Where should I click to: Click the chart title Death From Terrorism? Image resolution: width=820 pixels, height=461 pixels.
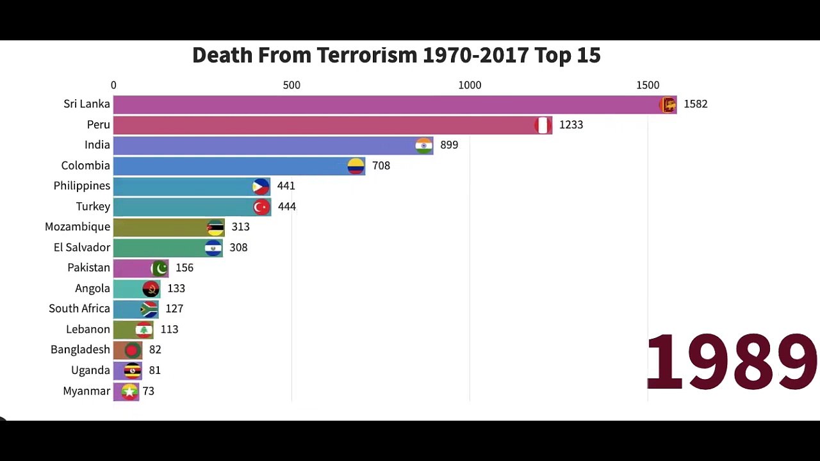click(396, 56)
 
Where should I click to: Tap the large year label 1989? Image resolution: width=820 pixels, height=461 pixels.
click(732, 362)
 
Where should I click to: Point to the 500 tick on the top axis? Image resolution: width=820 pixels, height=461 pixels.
click(291, 85)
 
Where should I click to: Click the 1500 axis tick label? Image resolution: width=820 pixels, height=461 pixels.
click(648, 85)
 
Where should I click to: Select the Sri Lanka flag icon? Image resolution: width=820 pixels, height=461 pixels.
click(668, 104)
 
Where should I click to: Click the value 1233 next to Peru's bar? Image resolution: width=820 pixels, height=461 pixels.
click(571, 125)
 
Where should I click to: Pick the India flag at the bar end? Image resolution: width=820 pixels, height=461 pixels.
click(424, 145)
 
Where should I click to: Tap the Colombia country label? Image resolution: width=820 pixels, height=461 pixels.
click(86, 166)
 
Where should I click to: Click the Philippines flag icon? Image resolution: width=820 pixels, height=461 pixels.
click(261, 186)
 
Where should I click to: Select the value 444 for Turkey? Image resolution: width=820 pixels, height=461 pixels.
click(287, 207)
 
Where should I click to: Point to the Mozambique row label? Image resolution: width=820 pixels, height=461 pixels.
click(78, 227)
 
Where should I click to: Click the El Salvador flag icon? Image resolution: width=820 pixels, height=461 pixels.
click(213, 248)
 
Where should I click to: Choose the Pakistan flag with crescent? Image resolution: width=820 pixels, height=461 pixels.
click(160, 268)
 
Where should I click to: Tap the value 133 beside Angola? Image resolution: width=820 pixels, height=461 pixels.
click(176, 289)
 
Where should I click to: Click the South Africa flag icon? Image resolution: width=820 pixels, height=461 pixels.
click(149, 309)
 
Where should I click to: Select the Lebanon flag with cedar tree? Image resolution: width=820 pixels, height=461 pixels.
click(144, 330)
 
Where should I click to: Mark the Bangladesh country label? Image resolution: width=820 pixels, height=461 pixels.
click(80, 350)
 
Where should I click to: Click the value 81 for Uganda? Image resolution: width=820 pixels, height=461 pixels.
click(154, 371)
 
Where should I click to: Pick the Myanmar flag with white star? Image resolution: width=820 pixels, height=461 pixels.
click(130, 391)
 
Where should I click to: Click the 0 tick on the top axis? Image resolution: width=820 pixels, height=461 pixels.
click(113, 85)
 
